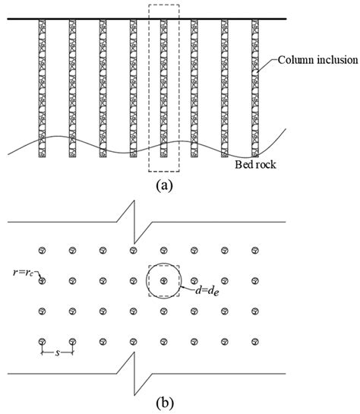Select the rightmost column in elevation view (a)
point(254,87)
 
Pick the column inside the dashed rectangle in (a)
point(163,87)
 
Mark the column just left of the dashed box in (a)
point(133,87)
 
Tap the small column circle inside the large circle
point(163,280)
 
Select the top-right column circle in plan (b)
point(254,250)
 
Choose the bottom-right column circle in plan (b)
point(254,340)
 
